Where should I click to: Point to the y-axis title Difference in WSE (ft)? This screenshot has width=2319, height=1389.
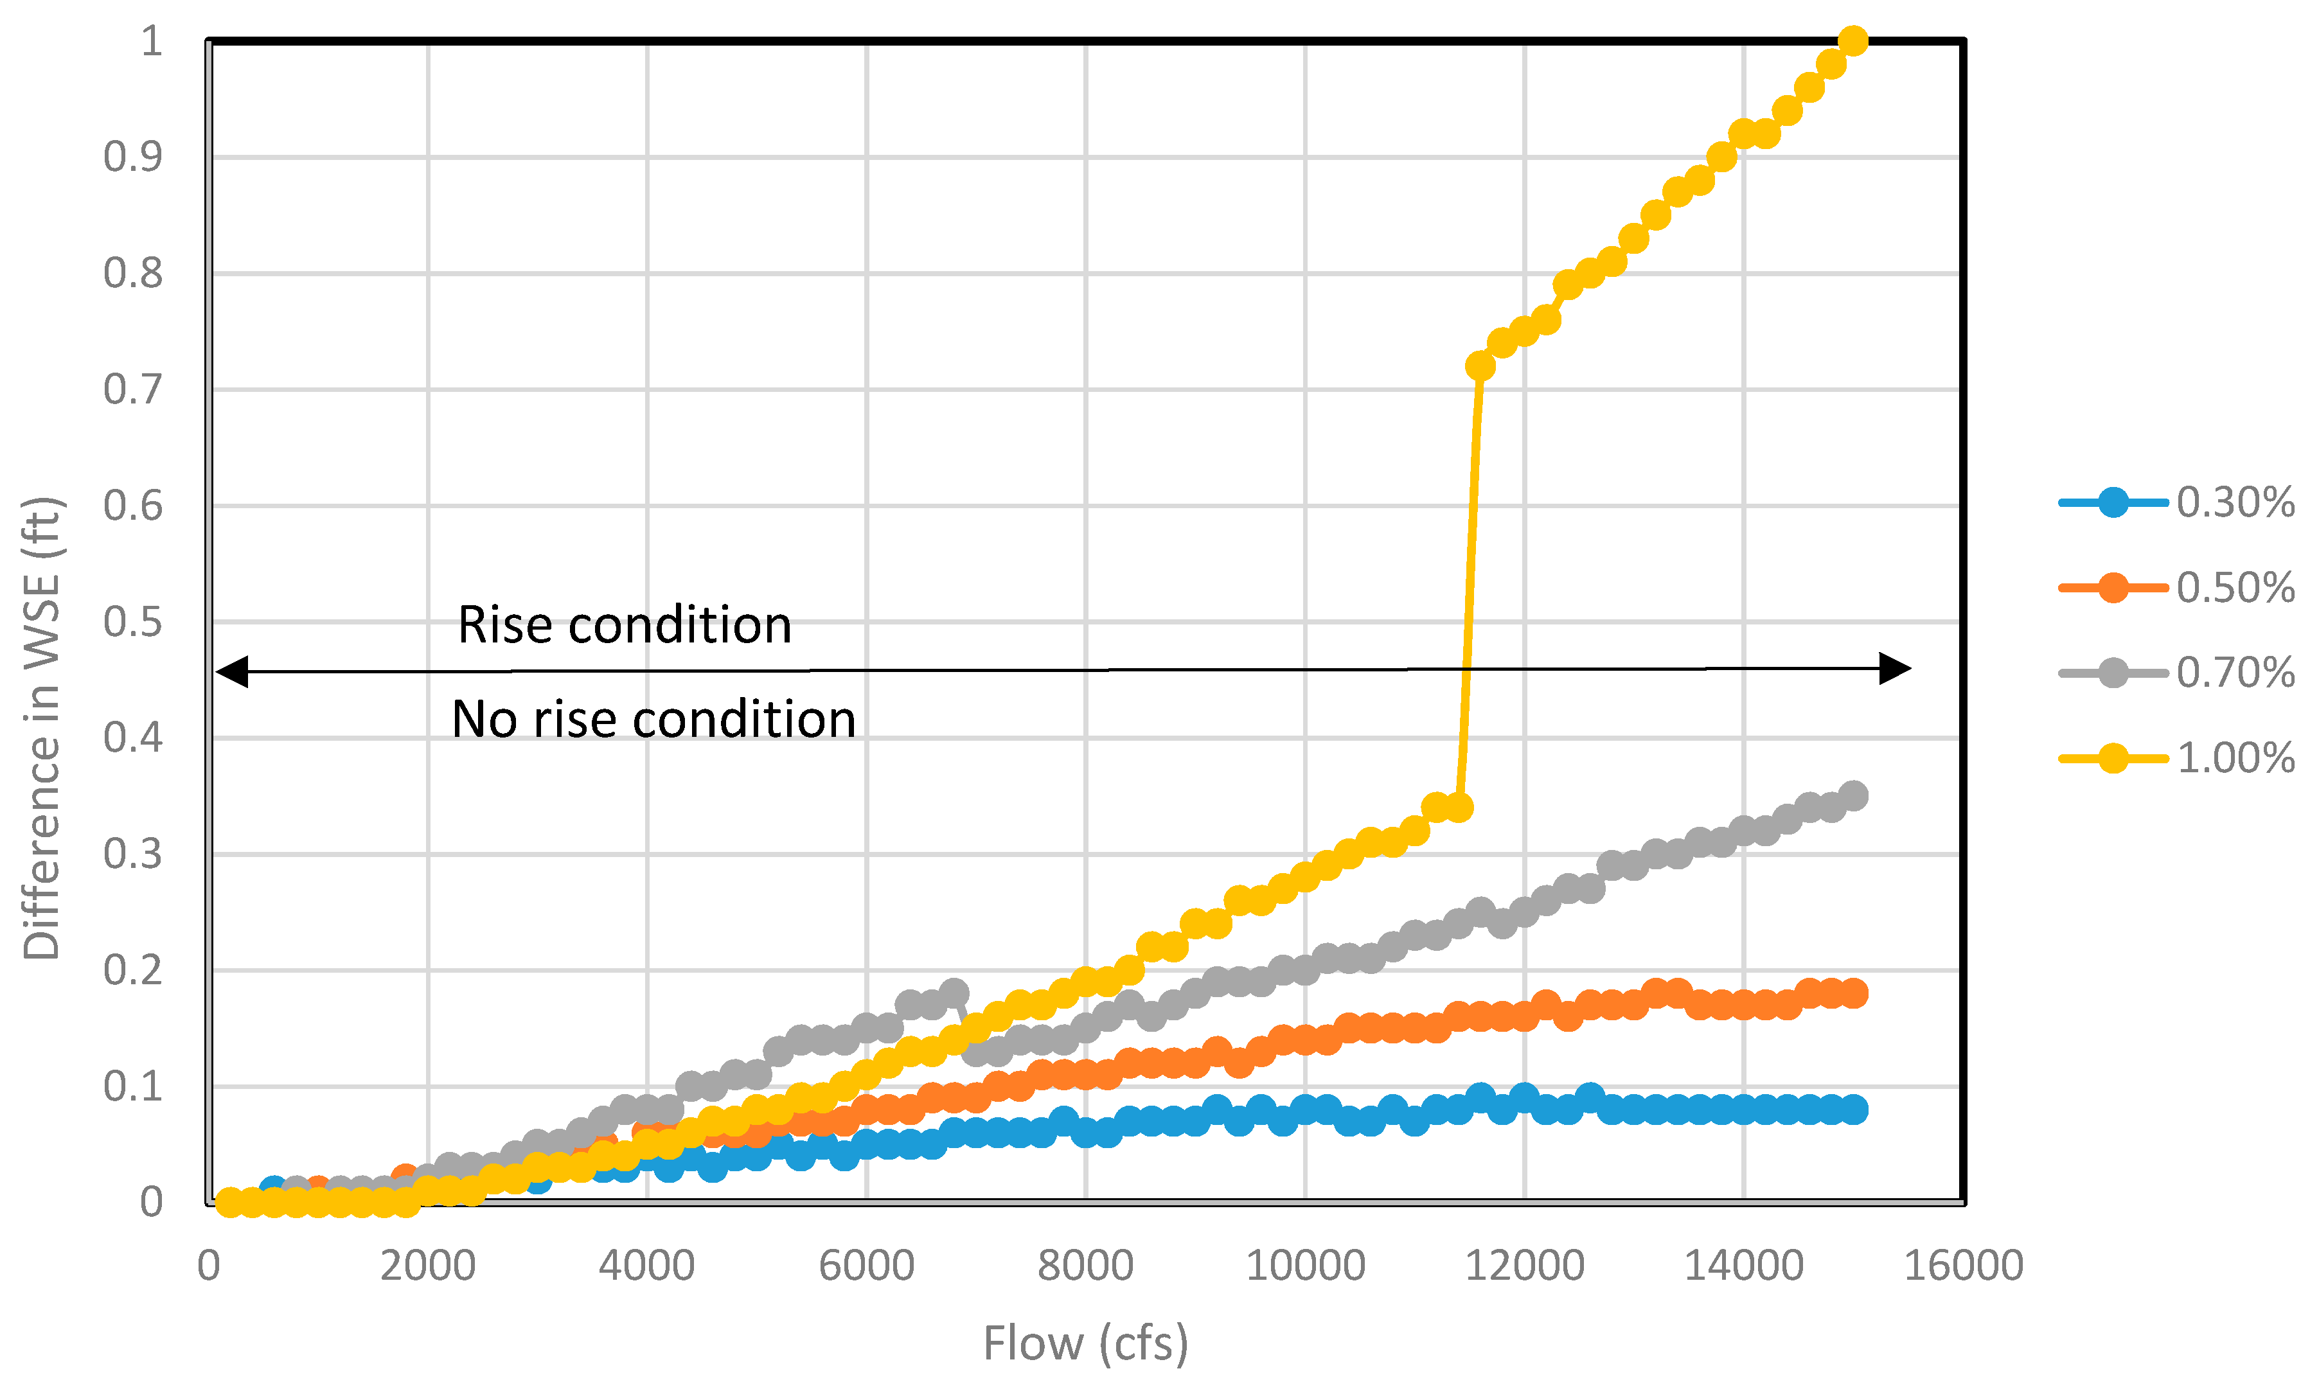coord(42,728)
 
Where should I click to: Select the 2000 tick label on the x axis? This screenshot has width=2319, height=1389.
coord(428,1266)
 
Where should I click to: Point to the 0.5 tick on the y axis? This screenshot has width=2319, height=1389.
coord(133,623)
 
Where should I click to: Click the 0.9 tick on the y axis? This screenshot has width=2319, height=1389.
coord(133,157)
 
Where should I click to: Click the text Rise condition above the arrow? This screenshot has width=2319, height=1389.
coord(624,624)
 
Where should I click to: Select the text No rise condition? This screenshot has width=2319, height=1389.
coord(653,719)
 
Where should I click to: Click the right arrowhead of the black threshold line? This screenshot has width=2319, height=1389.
coord(1895,668)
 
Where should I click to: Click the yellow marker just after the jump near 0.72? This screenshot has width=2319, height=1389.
coord(1480,366)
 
